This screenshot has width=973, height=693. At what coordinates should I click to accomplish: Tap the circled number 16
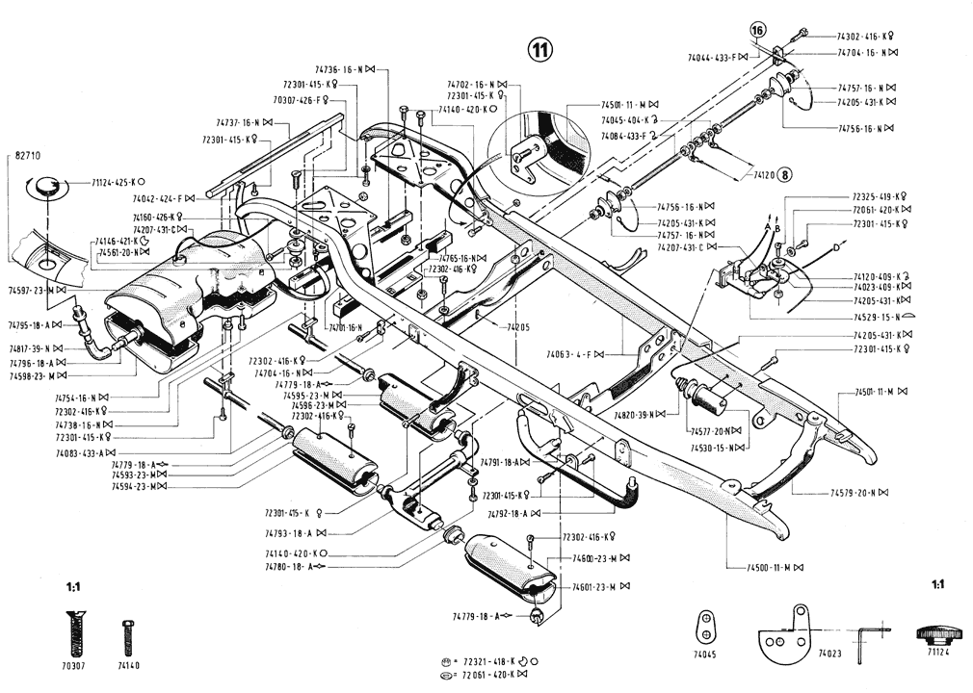(758, 31)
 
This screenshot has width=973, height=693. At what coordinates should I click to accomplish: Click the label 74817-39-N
(32, 348)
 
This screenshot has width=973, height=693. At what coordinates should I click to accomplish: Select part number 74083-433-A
(84, 451)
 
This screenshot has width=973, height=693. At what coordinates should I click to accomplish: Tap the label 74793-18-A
(293, 532)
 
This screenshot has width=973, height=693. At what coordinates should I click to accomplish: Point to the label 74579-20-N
(858, 493)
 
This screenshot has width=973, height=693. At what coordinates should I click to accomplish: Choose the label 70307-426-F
(301, 99)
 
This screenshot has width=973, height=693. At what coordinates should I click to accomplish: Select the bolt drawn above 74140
(128, 637)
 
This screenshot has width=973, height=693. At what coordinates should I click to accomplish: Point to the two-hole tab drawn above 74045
(707, 626)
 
